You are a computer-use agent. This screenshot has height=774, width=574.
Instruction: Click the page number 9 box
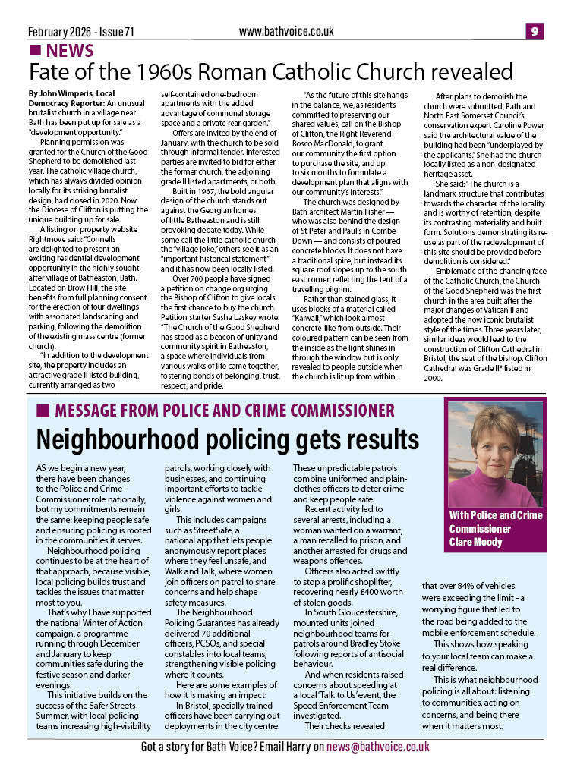(535, 31)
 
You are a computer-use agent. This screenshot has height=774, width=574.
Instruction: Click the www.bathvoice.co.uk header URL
(286, 31)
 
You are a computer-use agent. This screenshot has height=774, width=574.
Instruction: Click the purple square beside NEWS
(35, 51)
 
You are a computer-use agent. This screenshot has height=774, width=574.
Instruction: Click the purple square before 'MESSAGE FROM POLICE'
(43, 411)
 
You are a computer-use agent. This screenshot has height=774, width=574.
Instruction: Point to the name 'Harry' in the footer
(292, 747)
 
